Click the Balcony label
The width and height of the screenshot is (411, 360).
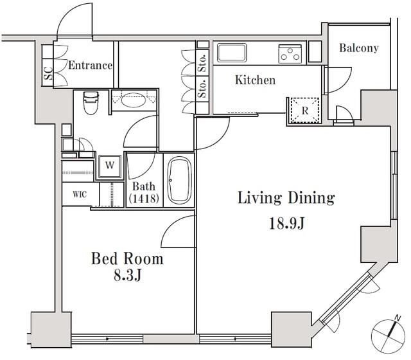(359, 48)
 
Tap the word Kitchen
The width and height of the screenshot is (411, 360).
(256, 80)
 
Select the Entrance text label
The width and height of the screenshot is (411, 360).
(90, 66)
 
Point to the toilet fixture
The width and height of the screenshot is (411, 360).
(91, 103)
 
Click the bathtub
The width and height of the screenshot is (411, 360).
(180, 180)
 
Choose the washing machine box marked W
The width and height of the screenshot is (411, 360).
(110, 166)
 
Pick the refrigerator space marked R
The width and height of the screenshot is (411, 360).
(304, 111)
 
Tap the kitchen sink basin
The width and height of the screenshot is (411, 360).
(232, 52)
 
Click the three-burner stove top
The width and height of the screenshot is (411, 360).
(290, 54)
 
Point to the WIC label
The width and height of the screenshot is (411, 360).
(80, 194)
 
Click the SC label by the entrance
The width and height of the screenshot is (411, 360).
(49, 73)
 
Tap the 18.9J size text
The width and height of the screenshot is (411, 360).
(286, 224)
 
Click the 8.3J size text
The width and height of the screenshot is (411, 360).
(128, 276)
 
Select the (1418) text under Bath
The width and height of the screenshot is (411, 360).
(144, 199)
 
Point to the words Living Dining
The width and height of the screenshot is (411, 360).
(286, 198)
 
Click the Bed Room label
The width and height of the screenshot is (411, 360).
(127, 258)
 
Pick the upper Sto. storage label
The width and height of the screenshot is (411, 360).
(203, 63)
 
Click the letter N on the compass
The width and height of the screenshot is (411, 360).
(398, 318)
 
